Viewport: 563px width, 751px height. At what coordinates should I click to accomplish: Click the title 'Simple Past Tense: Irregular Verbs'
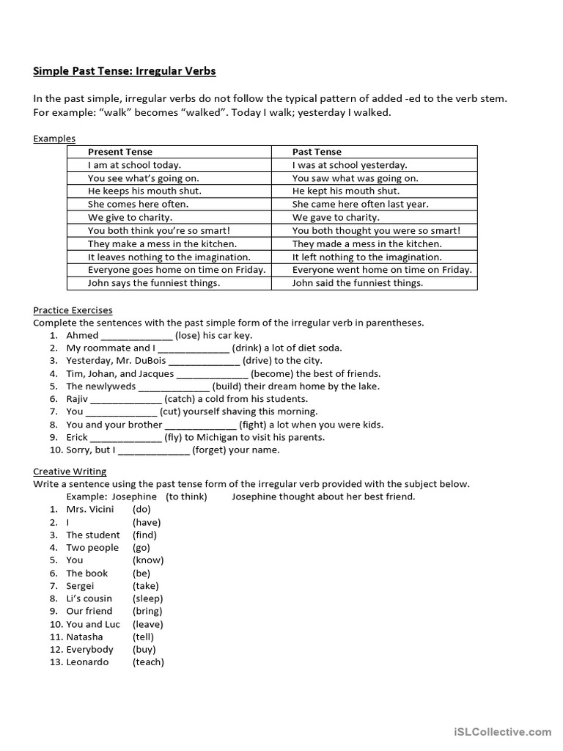tap(125, 71)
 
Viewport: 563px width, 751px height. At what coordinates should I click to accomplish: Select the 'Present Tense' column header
tap(120, 152)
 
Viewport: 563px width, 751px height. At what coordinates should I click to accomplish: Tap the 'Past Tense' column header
tap(317, 152)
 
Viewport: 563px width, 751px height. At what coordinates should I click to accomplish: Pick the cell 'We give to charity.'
tap(130, 217)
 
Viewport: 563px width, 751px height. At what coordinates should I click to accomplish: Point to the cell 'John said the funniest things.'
tap(357, 282)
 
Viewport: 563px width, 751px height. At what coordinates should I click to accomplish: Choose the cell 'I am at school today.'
tap(134, 165)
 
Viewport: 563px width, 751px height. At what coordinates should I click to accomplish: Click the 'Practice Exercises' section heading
tap(73, 310)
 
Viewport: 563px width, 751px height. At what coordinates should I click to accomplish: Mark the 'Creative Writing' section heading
tap(70, 471)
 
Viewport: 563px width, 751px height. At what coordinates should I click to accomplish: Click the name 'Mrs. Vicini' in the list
tap(90, 509)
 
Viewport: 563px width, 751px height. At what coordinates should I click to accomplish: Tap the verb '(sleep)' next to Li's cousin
tap(148, 598)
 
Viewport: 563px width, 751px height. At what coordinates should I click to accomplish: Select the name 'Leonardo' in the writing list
tap(87, 662)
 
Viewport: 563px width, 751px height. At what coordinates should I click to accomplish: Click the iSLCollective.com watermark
tap(502, 731)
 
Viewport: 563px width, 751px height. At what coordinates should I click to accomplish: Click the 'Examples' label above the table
tap(54, 139)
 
